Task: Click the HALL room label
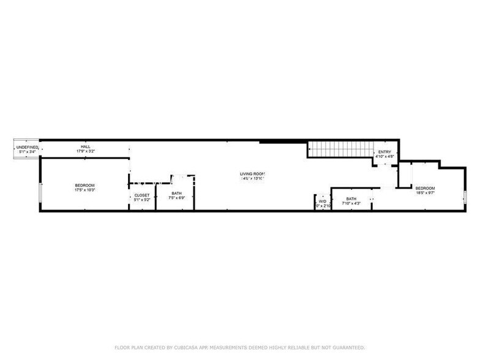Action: click(x=86, y=147)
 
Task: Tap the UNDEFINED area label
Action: click(x=28, y=148)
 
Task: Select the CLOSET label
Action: click(x=141, y=195)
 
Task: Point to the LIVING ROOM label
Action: click(x=252, y=174)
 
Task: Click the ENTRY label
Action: click(x=384, y=152)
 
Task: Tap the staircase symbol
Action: click(x=339, y=148)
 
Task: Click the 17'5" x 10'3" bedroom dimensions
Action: click(x=85, y=190)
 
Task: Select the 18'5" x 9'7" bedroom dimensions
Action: click(x=425, y=192)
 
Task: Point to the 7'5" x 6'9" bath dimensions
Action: click(x=176, y=198)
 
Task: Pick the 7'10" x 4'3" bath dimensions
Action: click(x=351, y=203)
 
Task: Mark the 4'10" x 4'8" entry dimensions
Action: click(x=384, y=157)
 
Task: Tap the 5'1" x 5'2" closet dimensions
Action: click(x=141, y=200)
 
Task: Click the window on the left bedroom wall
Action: click(x=40, y=192)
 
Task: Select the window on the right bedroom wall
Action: click(x=465, y=197)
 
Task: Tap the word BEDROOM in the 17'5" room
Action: click(x=85, y=186)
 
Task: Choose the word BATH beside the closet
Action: click(x=176, y=193)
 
